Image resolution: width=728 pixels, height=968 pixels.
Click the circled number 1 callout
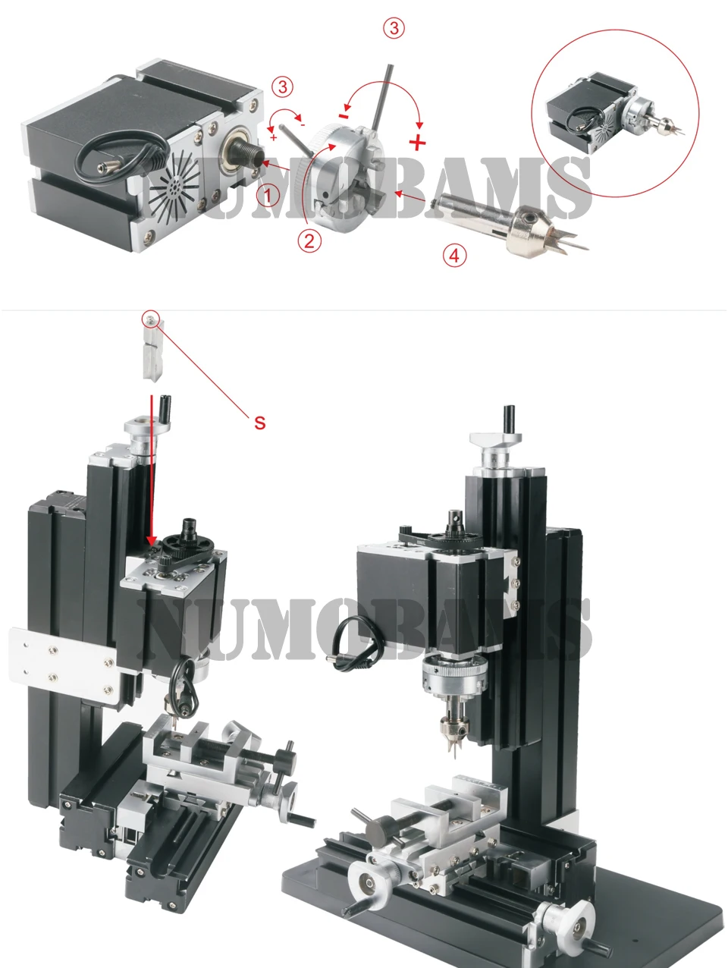268,196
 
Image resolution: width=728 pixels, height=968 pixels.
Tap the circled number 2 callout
309,241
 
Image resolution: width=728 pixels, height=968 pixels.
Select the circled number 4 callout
454,256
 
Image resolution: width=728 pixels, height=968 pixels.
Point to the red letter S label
260,423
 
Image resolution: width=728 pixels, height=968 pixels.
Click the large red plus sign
417,142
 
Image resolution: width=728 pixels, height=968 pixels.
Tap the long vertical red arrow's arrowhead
151,540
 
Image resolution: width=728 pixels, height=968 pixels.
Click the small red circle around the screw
150,319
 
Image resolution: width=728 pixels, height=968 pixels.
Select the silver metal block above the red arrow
152,348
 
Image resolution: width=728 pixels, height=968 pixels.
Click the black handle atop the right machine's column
509,420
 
